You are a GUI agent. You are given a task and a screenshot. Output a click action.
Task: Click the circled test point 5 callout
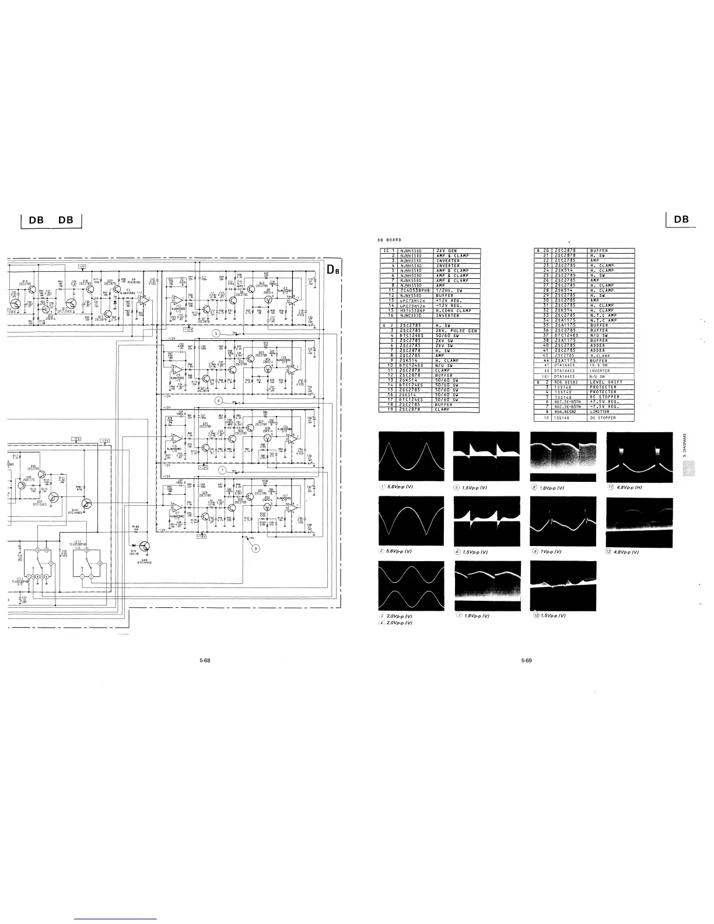point(216,333)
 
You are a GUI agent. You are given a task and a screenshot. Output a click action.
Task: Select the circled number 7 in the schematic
point(222,470)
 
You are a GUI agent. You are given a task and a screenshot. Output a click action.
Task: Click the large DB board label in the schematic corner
point(332,269)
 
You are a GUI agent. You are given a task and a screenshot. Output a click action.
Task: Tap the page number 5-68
point(205,661)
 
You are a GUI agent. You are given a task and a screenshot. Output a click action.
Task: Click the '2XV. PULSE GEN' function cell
point(457,330)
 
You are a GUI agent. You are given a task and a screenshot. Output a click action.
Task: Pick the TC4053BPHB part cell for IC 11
point(415,290)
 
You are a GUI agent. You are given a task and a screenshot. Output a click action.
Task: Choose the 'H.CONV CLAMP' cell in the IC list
point(457,310)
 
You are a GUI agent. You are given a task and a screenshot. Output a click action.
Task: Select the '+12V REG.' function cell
point(457,300)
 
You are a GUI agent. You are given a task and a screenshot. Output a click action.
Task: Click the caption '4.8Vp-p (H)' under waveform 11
point(629,488)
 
